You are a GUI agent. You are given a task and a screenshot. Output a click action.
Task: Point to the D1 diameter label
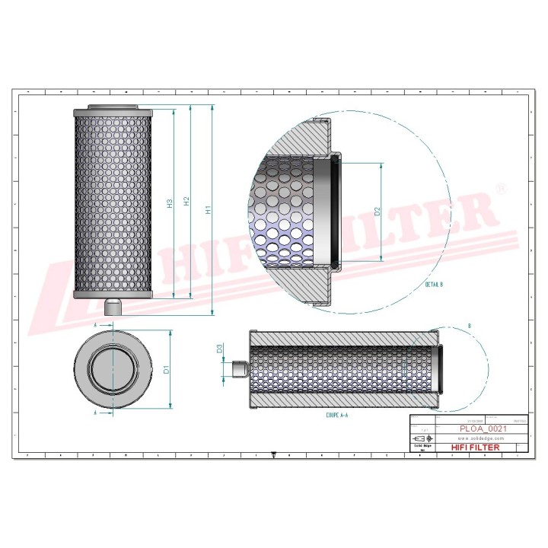click(166, 371)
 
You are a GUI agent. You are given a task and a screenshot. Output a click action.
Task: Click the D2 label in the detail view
click(376, 212)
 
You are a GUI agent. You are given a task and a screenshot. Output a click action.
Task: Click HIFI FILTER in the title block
click(476, 448)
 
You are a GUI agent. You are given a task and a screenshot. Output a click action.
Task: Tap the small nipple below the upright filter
click(114, 307)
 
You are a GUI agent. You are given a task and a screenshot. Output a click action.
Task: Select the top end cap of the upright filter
click(114, 110)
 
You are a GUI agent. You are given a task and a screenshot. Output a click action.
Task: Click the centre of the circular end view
click(114, 371)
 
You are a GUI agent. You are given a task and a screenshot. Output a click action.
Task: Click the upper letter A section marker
click(94, 325)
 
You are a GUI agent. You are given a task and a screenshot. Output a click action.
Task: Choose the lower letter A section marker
click(94, 413)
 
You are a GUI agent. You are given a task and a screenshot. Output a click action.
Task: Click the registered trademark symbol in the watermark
click(500, 187)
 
